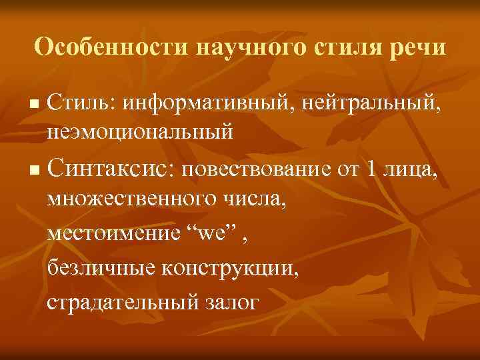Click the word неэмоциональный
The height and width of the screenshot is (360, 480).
coord(140,131)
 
